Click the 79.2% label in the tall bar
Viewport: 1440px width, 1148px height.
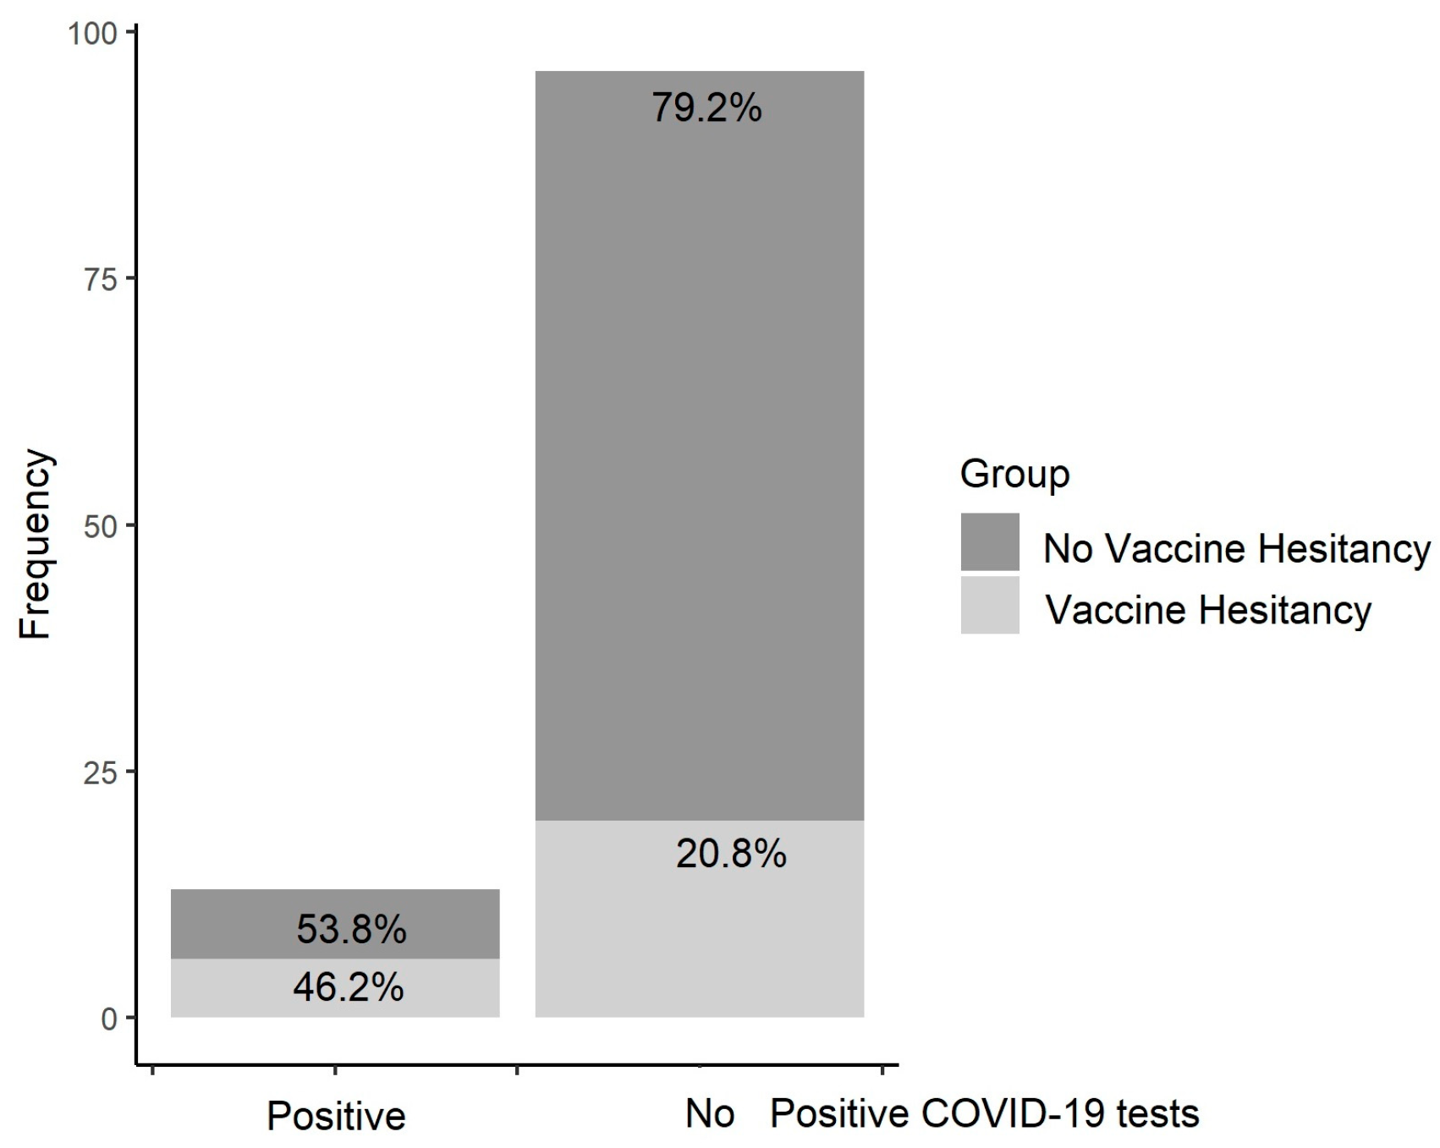click(706, 108)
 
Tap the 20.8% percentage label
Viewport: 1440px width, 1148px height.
click(731, 854)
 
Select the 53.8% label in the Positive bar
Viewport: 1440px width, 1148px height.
click(351, 930)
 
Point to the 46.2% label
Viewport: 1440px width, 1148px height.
click(349, 987)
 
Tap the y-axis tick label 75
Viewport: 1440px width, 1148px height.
click(100, 279)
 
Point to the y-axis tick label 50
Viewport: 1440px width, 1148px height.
click(100, 525)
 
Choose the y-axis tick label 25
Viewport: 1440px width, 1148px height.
click(100, 772)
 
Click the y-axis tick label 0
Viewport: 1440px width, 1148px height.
click(109, 1019)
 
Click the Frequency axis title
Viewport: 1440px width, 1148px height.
click(36, 544)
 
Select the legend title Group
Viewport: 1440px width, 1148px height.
click(1014, 474)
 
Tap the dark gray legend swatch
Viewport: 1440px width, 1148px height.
click(990, 542)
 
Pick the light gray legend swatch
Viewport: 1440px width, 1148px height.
click(990, 606)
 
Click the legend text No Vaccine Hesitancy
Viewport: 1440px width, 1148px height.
click(1236, 548)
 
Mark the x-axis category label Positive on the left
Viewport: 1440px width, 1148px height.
click(336, 1116)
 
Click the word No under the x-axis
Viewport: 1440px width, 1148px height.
click(709, 1114)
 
